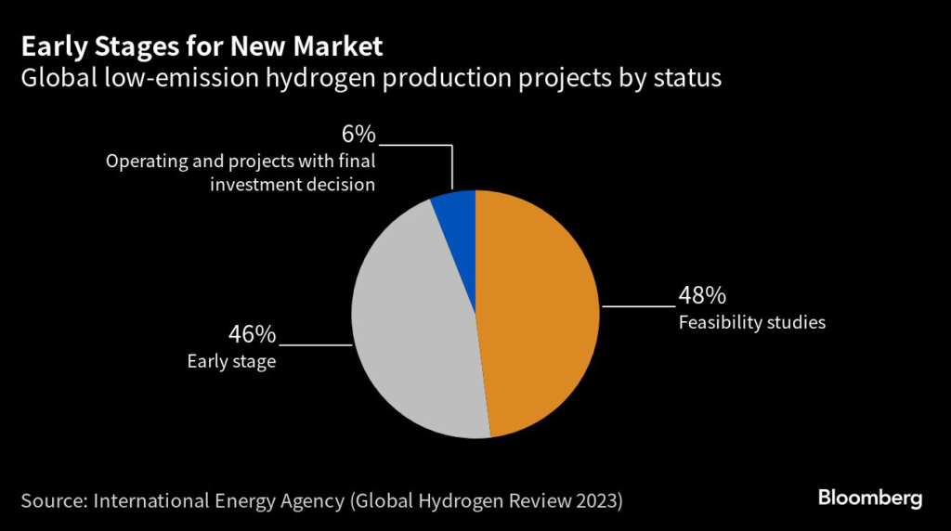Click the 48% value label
tap(701, 296)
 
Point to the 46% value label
tap(253, 334)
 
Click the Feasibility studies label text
tap(752, 323)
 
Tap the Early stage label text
tap(231, 361)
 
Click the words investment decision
tap(293, 184)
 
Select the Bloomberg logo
tap(870, 499)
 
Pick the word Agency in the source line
tap(319, 500)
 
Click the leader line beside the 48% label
tap(639, 304)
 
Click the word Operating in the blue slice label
tap(144, 162)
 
